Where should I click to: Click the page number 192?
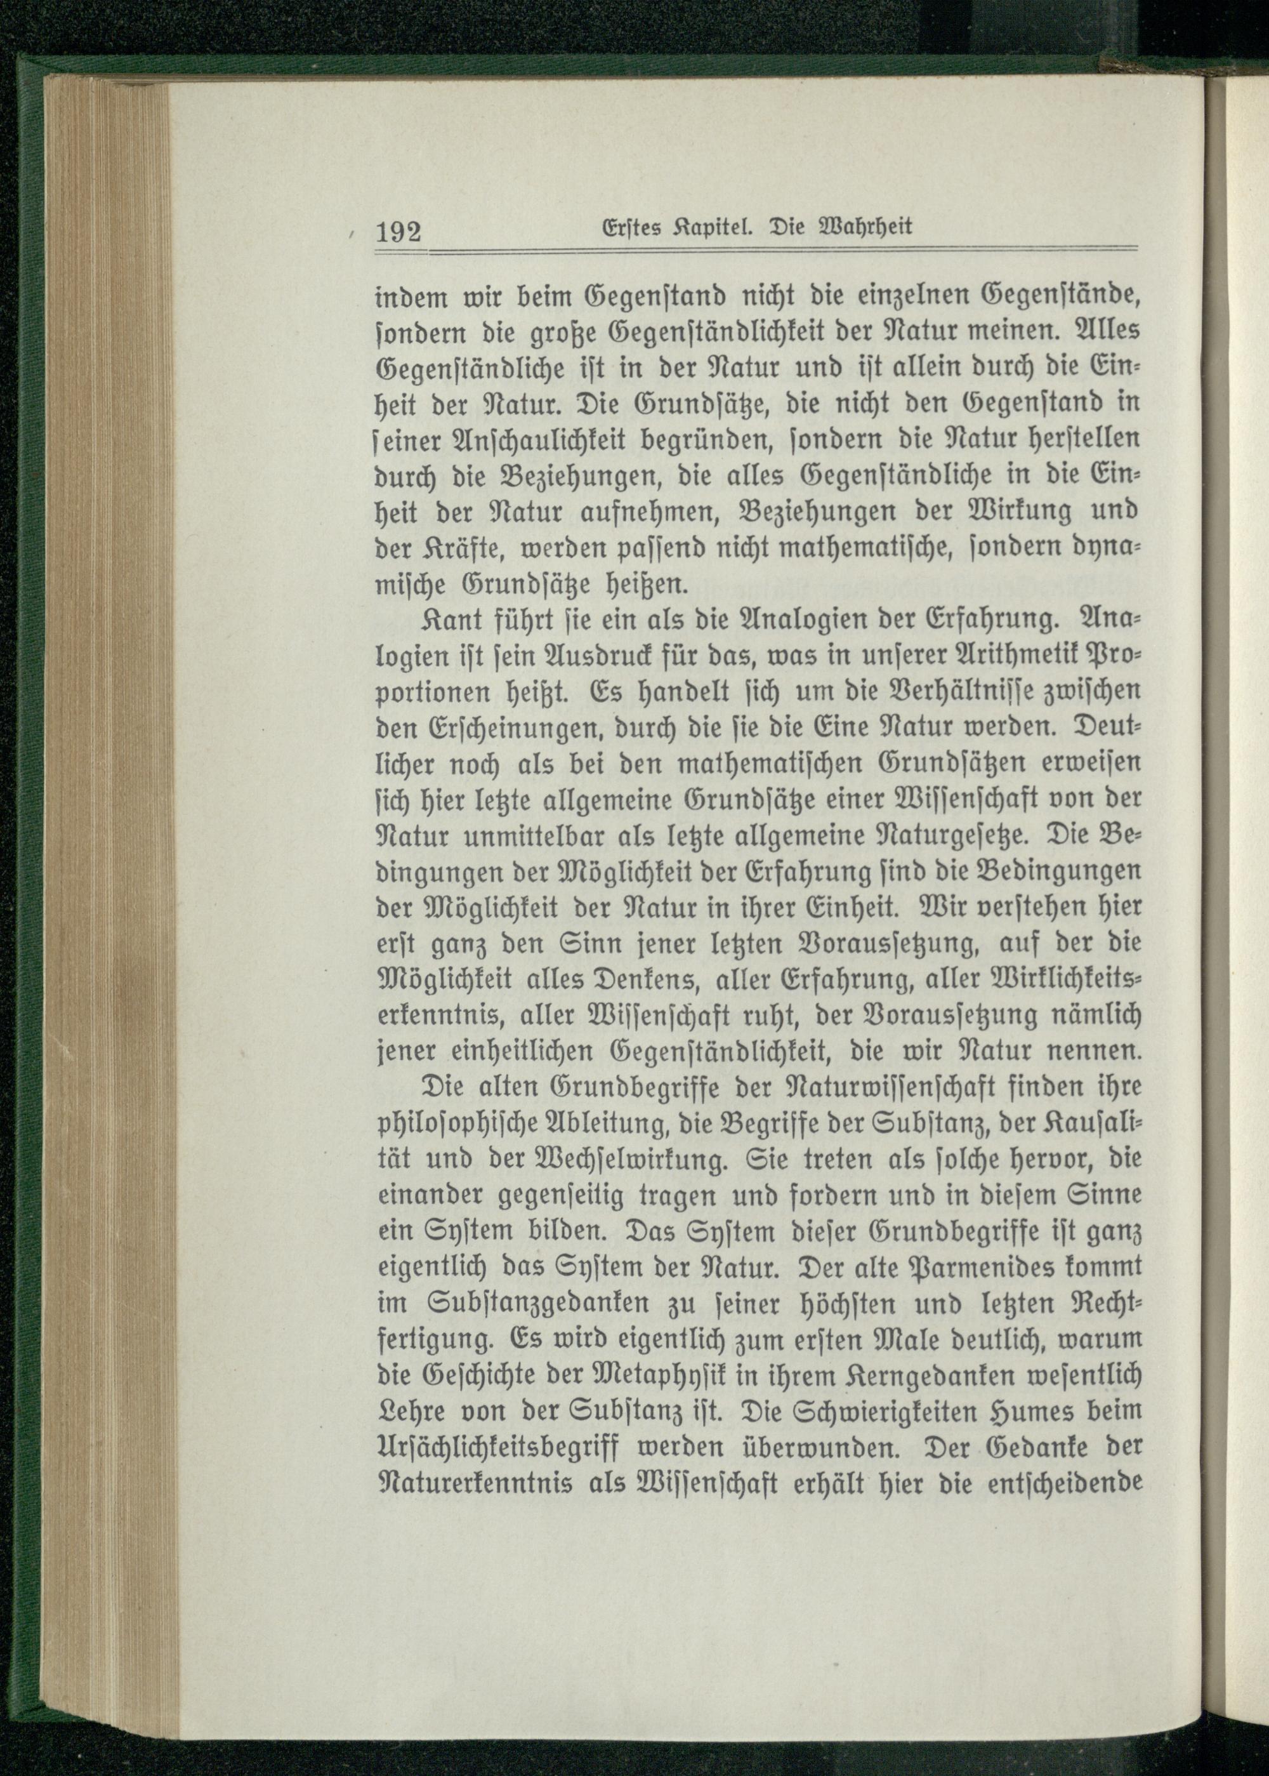pos(398,233)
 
